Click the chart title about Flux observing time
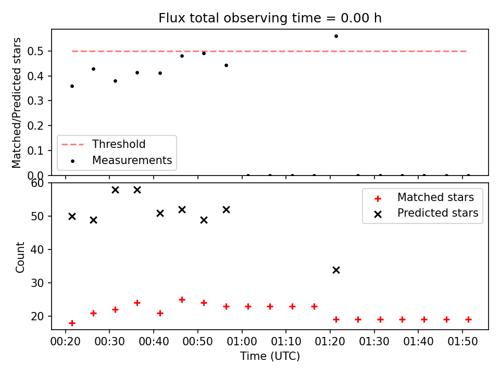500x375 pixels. coord(270,18)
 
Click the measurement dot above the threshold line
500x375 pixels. coord(336,36)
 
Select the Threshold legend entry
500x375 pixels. coord(103,144)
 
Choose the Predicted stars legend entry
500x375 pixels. coord(427,213)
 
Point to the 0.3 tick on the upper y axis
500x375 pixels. coord(35,101)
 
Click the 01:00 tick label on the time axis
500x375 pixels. coord(242,342)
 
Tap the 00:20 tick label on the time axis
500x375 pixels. coord(66,342)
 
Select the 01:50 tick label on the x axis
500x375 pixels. coord(463,342)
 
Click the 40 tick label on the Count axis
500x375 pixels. coord(37,249)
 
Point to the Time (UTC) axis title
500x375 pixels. coord(270,356)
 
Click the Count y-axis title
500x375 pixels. coord(20,257)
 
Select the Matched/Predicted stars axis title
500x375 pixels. coord(16,103)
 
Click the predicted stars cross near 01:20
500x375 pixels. coord(336,270)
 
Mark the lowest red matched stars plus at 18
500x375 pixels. coord(72,323)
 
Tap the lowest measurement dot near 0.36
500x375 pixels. coord(72,86)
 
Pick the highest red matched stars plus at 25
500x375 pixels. coord(182,300)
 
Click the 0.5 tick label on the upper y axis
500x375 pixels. coord(35,51)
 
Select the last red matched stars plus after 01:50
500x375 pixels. coord(468,319)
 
